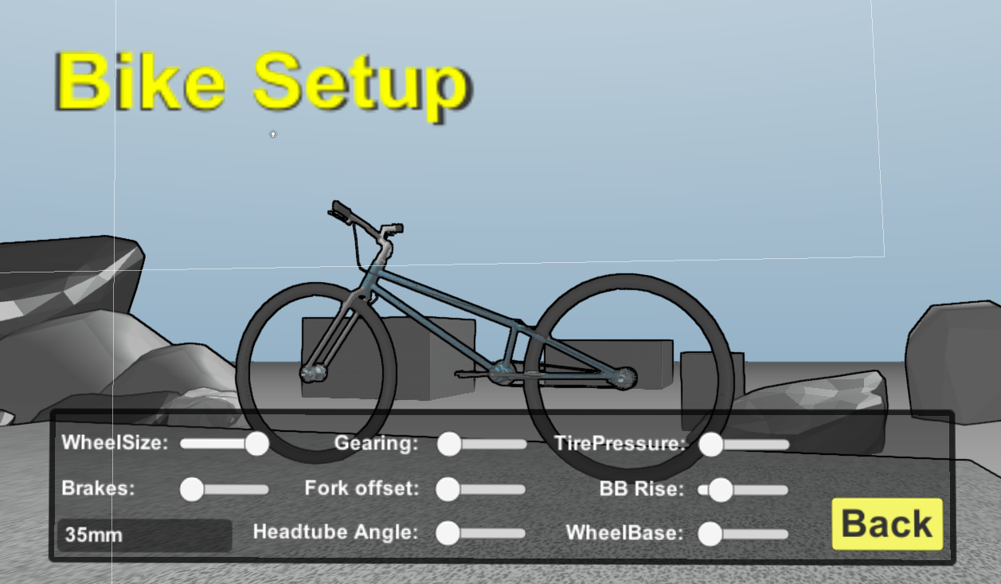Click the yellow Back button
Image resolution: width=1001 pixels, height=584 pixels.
[x=887, y=524]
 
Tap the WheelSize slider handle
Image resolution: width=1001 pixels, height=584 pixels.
[x=256, y=444]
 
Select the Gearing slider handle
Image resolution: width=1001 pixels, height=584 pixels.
[x=449, y=444]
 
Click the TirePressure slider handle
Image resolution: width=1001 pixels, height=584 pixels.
[x=711, y=445]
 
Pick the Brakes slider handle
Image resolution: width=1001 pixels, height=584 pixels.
[x=192, y=489]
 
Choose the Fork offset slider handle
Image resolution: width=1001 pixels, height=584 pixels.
[x=448, y=489]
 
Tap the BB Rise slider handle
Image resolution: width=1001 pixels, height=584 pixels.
[x=721, y=490]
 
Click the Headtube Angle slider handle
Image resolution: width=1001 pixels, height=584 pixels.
[x=448, y=533]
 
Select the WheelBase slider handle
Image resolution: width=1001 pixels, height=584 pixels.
[x=710, y=534]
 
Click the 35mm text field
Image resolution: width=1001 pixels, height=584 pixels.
[x=144, y=535]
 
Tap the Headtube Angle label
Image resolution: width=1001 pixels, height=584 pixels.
[x=335, y=531]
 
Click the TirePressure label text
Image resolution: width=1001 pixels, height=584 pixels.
[x=620, y=443]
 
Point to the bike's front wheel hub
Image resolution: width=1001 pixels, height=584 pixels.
[x=314, y=371]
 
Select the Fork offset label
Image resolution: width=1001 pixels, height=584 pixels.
[x=362, y=488]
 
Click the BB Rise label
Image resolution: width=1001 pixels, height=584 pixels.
[x=641, y=488]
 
